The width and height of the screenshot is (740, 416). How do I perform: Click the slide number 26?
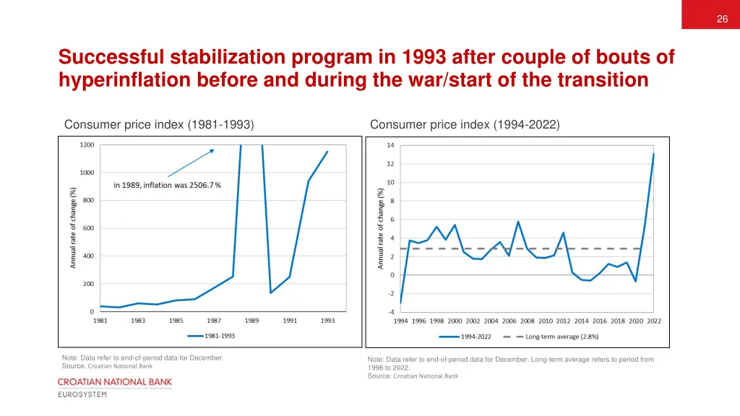[x=722, y=19]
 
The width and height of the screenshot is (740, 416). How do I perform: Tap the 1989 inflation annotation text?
[x=167, y=185]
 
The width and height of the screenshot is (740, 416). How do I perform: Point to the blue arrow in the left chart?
[x=191, y=163]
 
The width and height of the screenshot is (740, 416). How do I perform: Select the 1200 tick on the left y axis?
[x=87, y=145]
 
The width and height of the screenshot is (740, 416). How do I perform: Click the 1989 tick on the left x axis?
[x=252, y=321]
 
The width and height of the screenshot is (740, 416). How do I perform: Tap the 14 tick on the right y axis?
[x=390, y=145]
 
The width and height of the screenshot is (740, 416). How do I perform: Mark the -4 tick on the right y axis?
[x=390, y=312]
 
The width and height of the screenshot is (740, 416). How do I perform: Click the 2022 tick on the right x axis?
[x=654, y=321]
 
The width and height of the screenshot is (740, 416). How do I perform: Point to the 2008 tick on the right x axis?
[x=528, y=321]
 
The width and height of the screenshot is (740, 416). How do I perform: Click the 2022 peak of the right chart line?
[x=654, y=154]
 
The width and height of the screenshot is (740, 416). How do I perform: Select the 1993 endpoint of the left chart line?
[x=327, y=152]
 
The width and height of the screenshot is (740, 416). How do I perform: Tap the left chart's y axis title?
[x=73, y=227]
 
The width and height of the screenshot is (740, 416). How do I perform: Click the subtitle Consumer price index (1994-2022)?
[x=465, y=125]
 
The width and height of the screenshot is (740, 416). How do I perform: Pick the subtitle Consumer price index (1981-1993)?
[x=159, y=125]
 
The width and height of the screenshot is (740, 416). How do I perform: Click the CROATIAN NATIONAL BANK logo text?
[x=115, y=381]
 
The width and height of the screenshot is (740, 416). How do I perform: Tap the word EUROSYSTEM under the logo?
[x=82, y=394]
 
